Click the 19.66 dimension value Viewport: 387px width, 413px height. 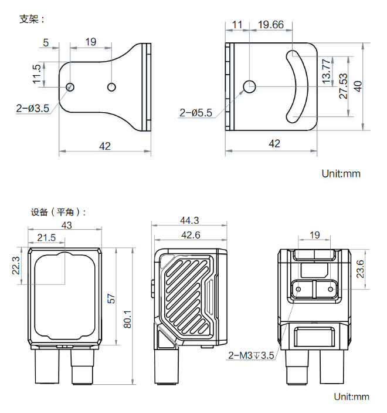pos(270,25)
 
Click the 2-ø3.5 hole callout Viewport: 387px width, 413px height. pos(33,108)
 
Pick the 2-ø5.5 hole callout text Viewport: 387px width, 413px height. pos(196,113)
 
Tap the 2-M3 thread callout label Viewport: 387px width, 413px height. pos(250,355)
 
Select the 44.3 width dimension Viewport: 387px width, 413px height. pos(189,220)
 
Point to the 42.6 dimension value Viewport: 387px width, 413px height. pos(189,235)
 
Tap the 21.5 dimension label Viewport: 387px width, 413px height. pos(46,237)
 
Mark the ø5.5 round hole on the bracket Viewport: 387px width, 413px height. pos(249,86)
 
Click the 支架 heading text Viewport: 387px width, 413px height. pos(32,19)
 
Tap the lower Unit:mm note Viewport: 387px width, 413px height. pos(352,397)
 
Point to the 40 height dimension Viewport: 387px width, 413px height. pos(358,86)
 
